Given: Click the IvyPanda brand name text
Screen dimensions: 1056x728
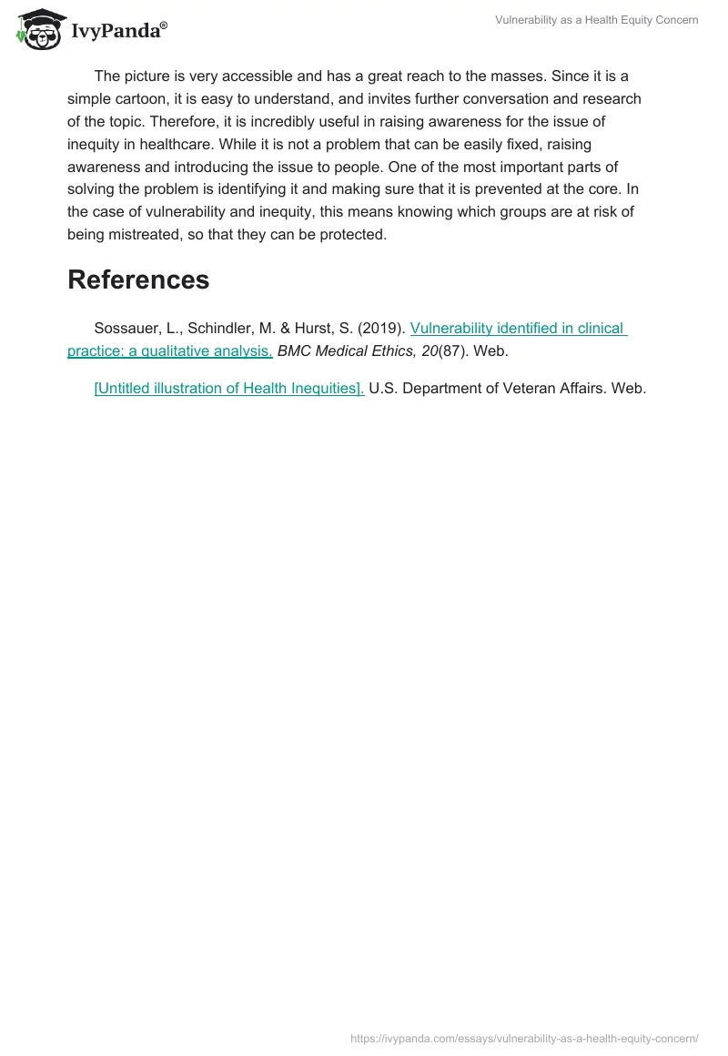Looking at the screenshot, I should click(118, 31).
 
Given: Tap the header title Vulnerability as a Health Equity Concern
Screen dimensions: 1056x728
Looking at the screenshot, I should click(597, 20).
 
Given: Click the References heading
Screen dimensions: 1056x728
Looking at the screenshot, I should click(138, 279).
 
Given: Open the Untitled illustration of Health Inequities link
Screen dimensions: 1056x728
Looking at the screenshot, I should click(229, 388).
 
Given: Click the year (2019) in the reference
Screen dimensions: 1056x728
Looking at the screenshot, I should click(384, 328).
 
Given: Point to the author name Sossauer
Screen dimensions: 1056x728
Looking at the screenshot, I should click(127, 328).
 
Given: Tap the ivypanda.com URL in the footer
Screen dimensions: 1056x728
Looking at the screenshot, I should click(524, 1038).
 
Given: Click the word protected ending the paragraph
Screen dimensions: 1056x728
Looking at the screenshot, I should click(354, 235).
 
